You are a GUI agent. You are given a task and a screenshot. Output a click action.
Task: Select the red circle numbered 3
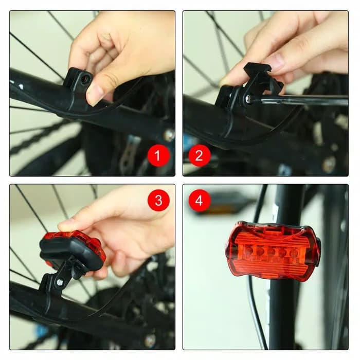pos(158,200)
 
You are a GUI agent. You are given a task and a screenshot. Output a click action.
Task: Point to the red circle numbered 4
pos(199,200)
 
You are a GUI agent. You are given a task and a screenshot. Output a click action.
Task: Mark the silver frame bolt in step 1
pos(168,135)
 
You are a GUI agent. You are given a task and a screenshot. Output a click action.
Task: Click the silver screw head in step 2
pos(248,98)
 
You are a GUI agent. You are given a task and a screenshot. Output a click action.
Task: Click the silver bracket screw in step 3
pos(60,282)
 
